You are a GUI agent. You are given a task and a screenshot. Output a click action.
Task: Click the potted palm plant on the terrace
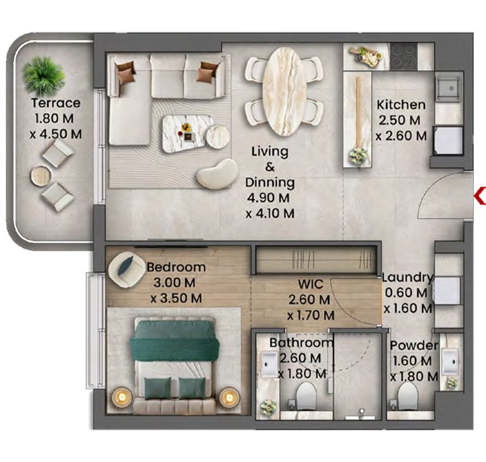point(44,76)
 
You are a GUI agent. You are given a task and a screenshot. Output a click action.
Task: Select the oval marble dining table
point(282,92)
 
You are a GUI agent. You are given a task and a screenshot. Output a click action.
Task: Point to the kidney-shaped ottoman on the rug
point(217,174)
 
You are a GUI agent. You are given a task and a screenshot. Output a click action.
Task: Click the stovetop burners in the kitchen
point(404,57)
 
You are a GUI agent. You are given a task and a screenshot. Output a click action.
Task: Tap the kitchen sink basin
point(449,89)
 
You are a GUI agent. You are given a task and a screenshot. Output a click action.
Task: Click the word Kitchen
point(401,105)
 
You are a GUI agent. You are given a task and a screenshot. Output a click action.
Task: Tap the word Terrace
point(56,103)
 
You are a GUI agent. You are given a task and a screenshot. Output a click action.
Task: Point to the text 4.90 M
point(268,198)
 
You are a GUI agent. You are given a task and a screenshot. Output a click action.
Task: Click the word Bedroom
point(176,267)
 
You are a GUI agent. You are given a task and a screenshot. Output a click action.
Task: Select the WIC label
point(310,284)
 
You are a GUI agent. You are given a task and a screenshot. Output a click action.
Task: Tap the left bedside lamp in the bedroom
point(122,397)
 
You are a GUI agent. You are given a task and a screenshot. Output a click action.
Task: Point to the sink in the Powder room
point(450,362)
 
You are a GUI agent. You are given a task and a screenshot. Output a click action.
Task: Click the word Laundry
point(407,277)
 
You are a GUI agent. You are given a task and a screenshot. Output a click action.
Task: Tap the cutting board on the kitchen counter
point(365,56)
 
